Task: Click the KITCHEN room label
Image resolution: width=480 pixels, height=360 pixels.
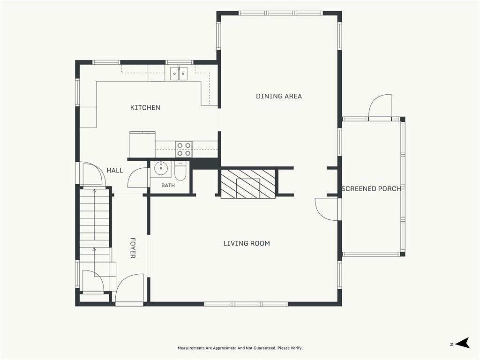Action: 145,107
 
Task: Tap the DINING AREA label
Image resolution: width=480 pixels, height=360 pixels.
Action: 279,96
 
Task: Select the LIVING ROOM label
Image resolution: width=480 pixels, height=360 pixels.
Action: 247,243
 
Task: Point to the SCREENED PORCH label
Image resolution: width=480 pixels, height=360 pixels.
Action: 371,188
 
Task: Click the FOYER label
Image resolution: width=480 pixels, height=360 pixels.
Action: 133,248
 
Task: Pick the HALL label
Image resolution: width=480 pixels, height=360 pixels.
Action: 115,171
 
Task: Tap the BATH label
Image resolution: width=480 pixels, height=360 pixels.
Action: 168,185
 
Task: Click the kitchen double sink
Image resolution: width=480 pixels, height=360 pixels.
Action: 179,74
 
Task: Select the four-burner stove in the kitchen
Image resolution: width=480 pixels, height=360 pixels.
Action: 184,149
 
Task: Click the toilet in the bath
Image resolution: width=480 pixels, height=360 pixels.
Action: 180,171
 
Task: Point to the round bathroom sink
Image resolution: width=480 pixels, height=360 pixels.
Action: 160,168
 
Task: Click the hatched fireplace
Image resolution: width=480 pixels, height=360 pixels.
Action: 248,183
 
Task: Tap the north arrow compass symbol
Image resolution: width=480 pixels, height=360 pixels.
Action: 462,343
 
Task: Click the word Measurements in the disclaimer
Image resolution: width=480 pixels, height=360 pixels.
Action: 191,348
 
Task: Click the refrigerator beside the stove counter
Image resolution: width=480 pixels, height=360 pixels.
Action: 142,144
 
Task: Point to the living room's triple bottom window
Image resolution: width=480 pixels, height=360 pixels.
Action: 246,304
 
